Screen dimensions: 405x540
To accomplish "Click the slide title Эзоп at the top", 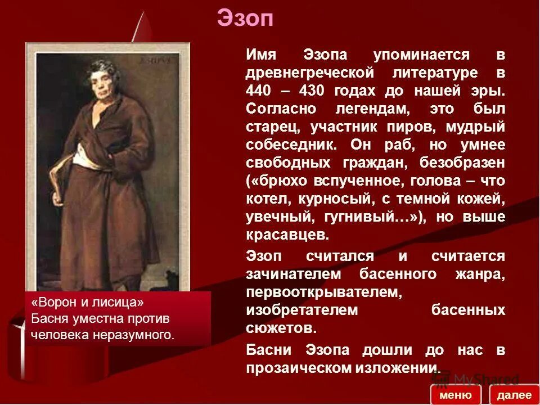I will point(245,18).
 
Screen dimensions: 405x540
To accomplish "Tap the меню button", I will point(455,394).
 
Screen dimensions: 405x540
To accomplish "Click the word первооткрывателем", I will point(324,292).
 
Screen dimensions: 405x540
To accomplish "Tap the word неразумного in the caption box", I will point(138,335).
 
